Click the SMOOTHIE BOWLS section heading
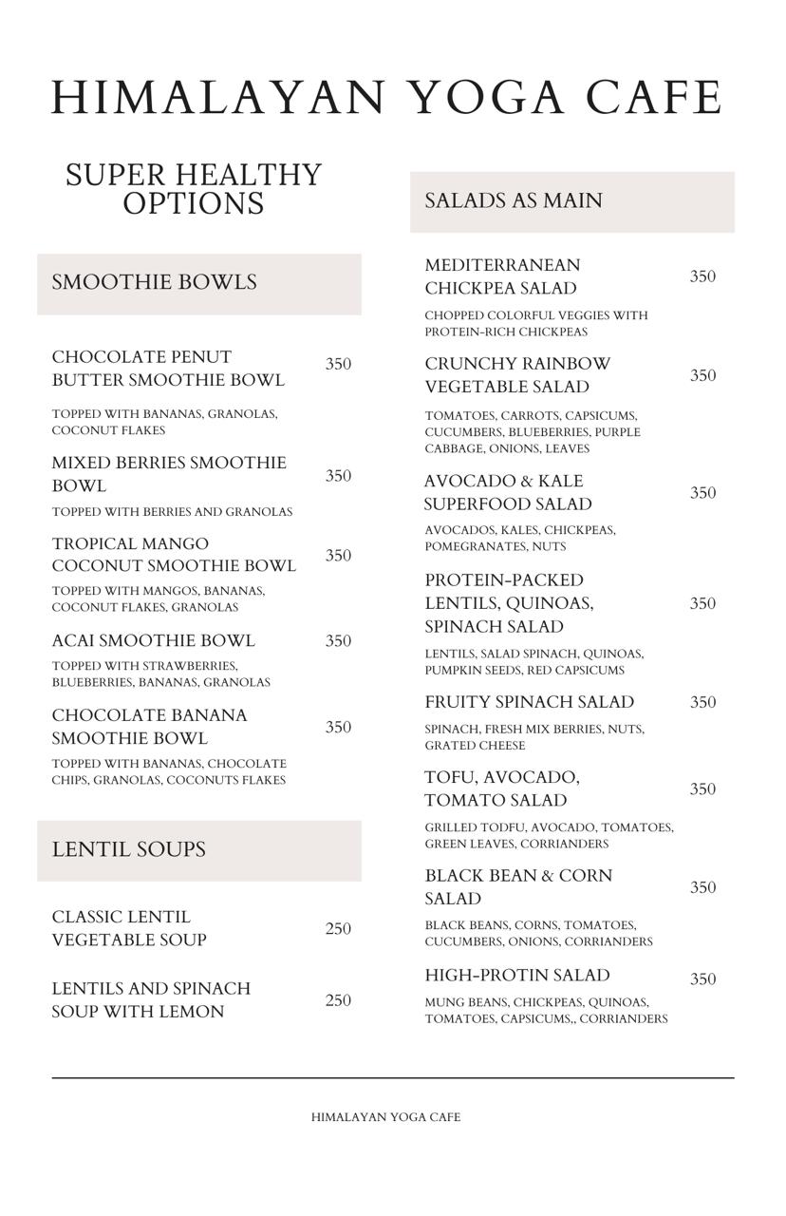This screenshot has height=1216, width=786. pos(154,282)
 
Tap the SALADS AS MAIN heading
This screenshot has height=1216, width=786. pos(513,200)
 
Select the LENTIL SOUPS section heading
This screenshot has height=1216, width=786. pos(128,849)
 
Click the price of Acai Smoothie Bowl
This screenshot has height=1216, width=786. pos(338,641)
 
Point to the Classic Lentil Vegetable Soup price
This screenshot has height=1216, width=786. pos(338,929)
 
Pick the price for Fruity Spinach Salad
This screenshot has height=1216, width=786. pos(702,703)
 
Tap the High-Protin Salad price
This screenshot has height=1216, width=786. pos(702,979)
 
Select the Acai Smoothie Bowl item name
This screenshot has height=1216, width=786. pos(153,641)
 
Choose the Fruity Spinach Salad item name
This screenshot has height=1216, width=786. pos(529,702)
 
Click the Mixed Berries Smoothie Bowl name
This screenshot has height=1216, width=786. pos(169,474)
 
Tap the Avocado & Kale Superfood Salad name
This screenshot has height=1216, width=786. pos(508,492)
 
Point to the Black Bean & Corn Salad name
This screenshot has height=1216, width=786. pos(518,886)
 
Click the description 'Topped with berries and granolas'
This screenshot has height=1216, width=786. pos(172,512)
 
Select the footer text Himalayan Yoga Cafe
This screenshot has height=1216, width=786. pos(385,1117)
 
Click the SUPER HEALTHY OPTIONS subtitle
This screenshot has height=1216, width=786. pos(194,189)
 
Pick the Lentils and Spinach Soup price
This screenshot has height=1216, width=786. pos(338,1000)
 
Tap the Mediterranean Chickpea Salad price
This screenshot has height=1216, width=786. pos(702,276)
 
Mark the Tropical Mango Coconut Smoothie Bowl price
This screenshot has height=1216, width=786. pos(338,556)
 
